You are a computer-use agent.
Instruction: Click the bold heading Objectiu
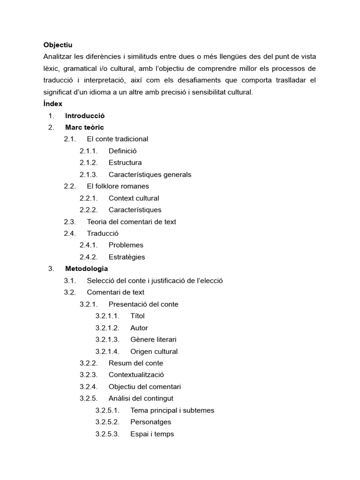58,45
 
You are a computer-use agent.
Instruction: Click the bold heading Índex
52,104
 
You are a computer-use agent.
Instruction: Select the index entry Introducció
85,116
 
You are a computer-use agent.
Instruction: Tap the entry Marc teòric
84,127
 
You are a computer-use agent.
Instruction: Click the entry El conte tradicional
117,139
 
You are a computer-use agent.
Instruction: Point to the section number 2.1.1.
88,151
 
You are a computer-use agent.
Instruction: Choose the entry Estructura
125,163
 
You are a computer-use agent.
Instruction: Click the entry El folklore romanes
118,186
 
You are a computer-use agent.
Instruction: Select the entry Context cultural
134,198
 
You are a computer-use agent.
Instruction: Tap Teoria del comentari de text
131,222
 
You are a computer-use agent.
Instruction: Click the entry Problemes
126,245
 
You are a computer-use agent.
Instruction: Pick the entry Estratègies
127,257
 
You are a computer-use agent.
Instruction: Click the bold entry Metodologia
86,269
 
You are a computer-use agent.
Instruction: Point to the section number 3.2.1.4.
107,352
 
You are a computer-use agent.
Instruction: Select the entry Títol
137,316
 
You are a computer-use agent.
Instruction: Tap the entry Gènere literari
153,339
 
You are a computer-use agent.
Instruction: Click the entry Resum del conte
135,363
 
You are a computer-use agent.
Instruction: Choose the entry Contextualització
136,375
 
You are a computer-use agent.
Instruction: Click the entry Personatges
150,422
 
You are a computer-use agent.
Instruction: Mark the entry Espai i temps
152,434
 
